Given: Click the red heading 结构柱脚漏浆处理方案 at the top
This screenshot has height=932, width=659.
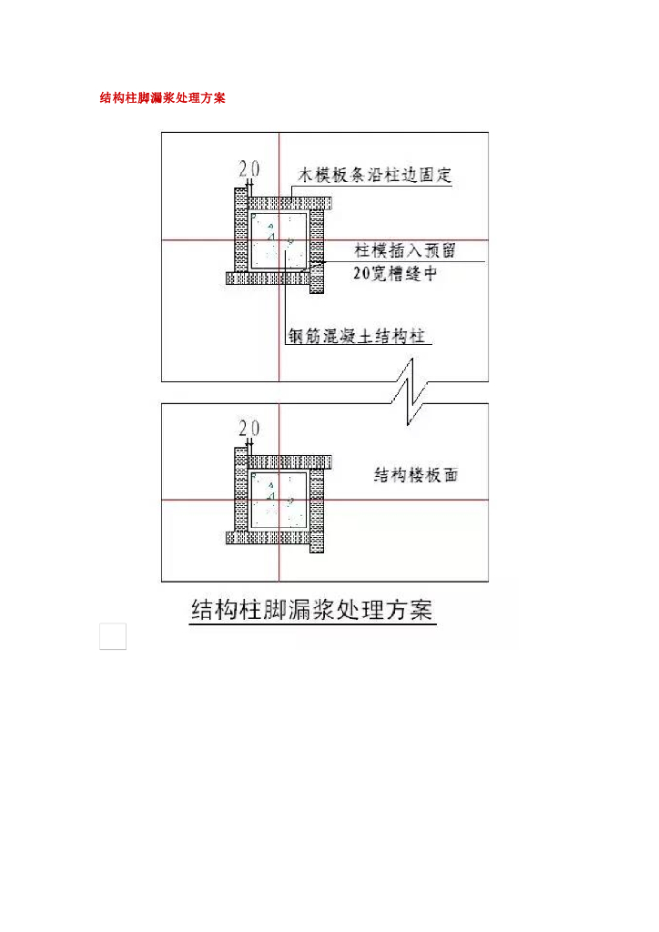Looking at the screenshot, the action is (163, 98).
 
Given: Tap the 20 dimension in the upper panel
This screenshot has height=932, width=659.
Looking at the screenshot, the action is (249, 168).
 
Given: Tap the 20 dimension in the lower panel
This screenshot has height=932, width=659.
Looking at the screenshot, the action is (249, 428).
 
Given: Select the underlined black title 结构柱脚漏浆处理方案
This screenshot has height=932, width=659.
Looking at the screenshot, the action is (312, 609).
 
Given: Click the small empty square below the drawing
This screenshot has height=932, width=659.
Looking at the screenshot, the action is (113, 637).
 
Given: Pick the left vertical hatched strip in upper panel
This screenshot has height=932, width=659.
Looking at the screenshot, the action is (241, 229).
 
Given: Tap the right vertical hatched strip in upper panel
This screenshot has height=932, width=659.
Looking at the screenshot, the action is (316, 250).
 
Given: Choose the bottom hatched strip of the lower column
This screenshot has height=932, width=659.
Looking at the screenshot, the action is (269, 537).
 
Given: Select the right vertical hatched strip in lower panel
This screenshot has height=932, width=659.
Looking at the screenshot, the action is (316, 510).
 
